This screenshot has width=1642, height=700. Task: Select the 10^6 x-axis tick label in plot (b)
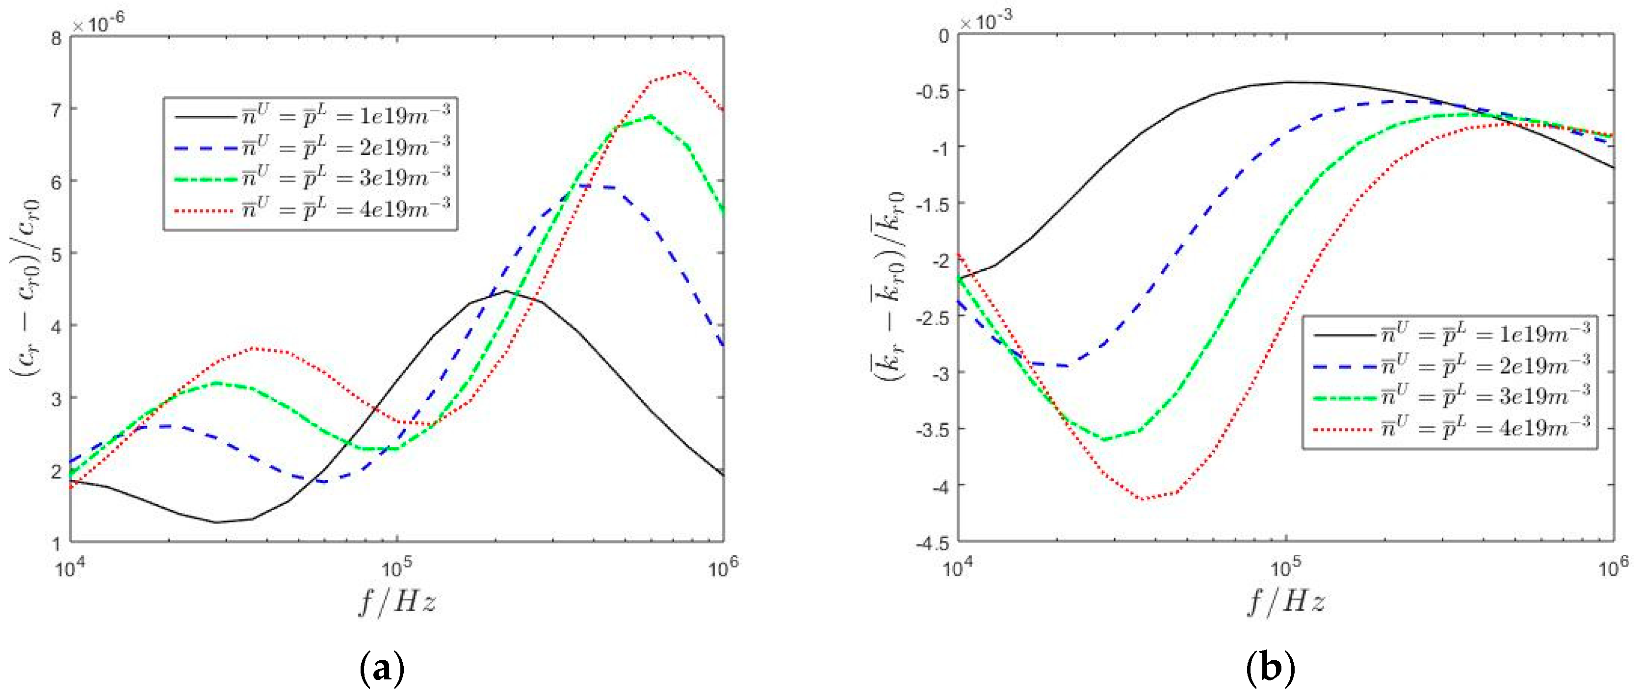click(1613, 566)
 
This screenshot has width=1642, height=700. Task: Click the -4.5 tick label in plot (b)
click(932, 543)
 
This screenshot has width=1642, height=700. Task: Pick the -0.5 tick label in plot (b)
click(932, 91)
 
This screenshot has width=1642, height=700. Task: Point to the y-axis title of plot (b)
click(888, 287)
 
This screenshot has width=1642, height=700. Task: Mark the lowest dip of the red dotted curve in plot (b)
click(1144, 498)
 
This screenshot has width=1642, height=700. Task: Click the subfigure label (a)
click(382, 668)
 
